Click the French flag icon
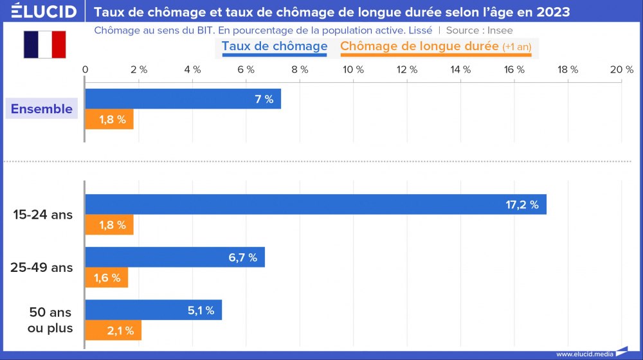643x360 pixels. (45, 44)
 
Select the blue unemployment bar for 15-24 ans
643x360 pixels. (315, 204)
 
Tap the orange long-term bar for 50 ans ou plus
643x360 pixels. (113, 330)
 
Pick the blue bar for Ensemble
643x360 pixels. (183, 99)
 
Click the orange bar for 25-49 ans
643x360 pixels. (107, 278)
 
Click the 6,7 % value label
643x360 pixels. (242, 258)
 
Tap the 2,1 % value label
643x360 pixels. (120, 331)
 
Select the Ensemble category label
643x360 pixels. (42, 109)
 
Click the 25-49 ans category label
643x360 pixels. (42, 267)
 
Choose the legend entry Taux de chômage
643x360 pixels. (275, 46)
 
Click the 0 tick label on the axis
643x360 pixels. (86, 69)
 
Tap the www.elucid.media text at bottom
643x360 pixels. (584, 354)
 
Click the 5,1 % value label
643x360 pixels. (201, 310)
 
